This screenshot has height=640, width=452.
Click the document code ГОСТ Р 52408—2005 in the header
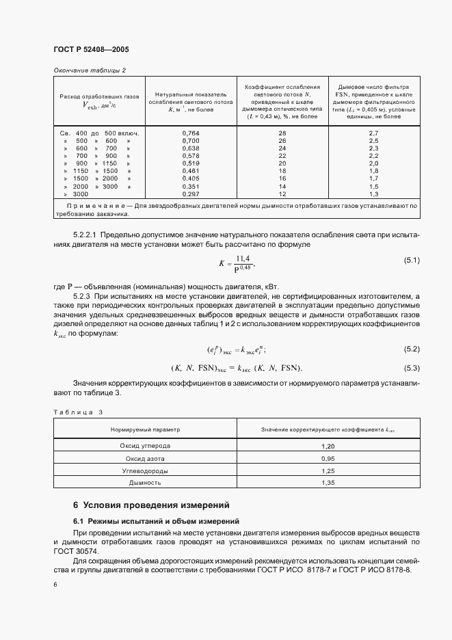coord(91,49)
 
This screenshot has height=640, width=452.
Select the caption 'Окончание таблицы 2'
coord(90,70)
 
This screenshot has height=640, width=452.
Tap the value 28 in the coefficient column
coord(282,133)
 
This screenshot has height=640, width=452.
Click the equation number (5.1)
coord(412,260)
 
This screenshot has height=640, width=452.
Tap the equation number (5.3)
coord(412,369)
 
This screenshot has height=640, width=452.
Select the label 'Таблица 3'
coord(77,412)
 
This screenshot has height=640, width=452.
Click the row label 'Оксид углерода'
coord(145,446)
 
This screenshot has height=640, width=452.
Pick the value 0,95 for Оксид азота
coord(328,458)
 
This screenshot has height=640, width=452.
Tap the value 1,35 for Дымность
coord(328,483)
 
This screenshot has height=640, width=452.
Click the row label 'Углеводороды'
coord(145,470)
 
